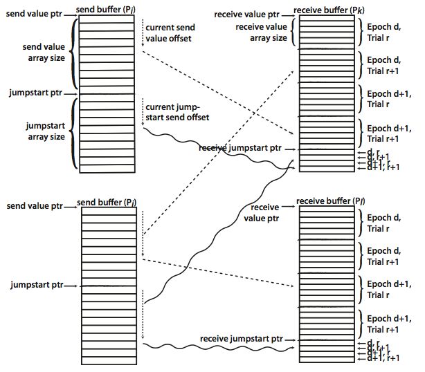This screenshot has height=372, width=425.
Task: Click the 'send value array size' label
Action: pyautogui.click(x=45, y=53)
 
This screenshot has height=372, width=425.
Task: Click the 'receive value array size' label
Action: pyautogui.click(x=261, y=32)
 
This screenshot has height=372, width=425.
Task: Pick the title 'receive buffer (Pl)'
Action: pyautogui.click(x=324, y=202)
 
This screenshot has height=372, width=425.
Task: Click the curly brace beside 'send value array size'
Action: pyautogui.click(x=73, y=53)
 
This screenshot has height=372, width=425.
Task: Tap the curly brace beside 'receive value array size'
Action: pyautogui.click(x=294, y=32)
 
